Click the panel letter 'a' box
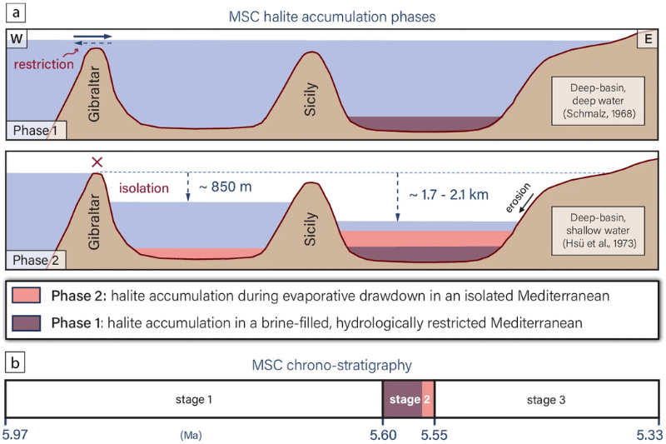[14, 12]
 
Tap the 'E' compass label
[648, 40]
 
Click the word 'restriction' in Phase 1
[42, 63]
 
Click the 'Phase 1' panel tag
[31, 132]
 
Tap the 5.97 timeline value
[17, 433]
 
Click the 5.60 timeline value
[383, 433]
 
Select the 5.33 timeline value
[649, 433]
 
